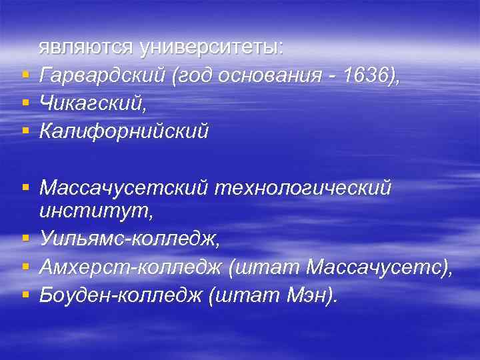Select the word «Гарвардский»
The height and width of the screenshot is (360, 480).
102,77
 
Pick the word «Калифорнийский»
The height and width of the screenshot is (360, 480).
124,131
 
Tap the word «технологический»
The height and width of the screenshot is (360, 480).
303,189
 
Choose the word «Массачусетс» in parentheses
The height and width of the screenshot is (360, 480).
377,267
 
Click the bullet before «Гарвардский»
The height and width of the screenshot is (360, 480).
25,77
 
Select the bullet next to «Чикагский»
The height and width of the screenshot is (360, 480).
25,103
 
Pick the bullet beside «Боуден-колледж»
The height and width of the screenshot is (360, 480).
25,294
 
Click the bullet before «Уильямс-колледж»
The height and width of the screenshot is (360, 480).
25,239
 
